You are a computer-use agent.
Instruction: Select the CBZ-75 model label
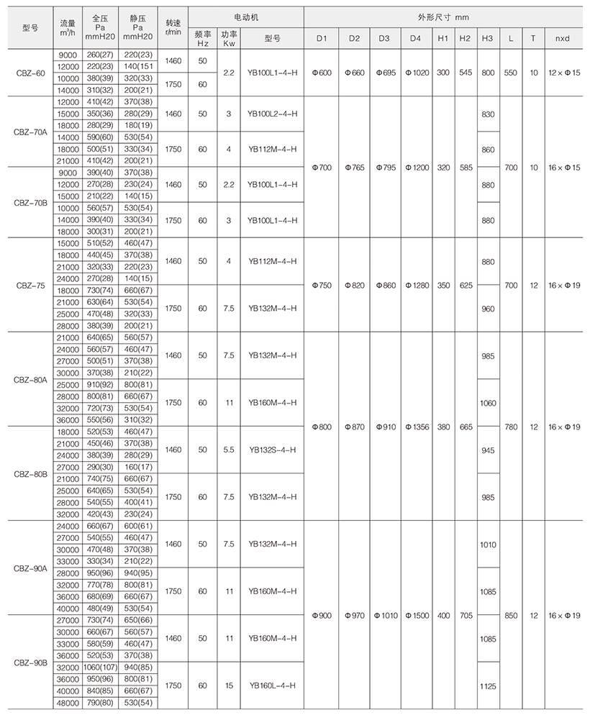point(29,285)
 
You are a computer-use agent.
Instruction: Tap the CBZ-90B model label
point(29,661)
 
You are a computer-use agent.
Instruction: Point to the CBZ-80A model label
point(29,378)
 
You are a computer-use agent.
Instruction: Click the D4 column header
point(416,38)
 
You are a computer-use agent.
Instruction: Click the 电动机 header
point(245,14)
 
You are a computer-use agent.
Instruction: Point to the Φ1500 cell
point(416,615)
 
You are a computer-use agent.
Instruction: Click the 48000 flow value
point(65,703)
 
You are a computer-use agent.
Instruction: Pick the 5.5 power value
point(227,449)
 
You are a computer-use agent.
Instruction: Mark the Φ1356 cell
point(416,427)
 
